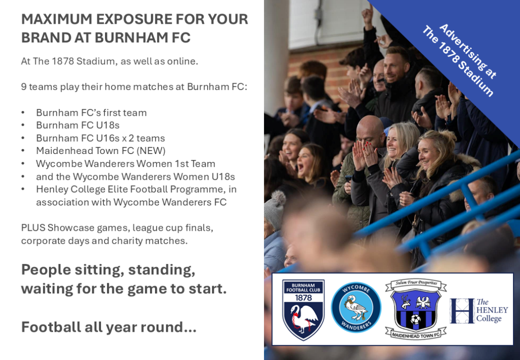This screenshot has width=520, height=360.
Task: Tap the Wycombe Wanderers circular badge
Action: (356, 307)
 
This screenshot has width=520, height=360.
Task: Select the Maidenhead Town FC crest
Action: (416, 309)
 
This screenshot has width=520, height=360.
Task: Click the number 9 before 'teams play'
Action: (24, 87)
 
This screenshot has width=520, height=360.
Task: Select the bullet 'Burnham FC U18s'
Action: (78, 125)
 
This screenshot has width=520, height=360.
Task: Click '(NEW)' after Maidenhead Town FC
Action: (151, 150)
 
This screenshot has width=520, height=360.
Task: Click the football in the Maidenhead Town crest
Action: (415, 320)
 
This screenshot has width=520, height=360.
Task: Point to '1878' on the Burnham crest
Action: (303, 297)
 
